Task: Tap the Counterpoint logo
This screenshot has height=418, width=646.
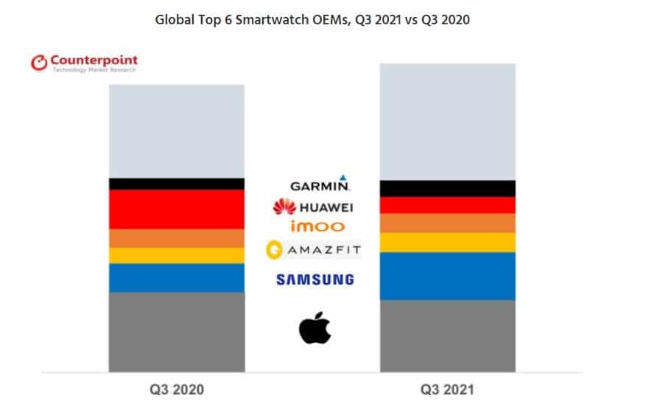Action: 84,63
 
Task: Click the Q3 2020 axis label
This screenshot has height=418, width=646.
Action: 176,389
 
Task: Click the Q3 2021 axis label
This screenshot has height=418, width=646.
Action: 447,389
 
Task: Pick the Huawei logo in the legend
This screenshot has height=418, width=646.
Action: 313,207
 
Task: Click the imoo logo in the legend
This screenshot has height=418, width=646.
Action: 317,226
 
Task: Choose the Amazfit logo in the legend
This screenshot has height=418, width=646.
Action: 314,251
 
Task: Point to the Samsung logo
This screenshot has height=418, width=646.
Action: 315,279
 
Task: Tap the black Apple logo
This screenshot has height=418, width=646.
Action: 315,328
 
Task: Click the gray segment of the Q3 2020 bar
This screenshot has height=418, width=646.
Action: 176,332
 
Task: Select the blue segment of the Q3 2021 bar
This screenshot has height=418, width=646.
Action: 447,276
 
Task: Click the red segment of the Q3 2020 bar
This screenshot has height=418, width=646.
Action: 176,209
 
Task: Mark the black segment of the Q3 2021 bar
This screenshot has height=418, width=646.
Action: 447,188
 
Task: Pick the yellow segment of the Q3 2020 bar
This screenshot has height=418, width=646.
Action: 176,255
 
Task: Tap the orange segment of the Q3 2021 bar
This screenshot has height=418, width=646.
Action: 447,223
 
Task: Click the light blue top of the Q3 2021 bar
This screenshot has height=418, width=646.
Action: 447,122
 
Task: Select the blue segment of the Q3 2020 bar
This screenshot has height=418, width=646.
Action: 176,278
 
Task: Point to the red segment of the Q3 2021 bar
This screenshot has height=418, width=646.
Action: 447,205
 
